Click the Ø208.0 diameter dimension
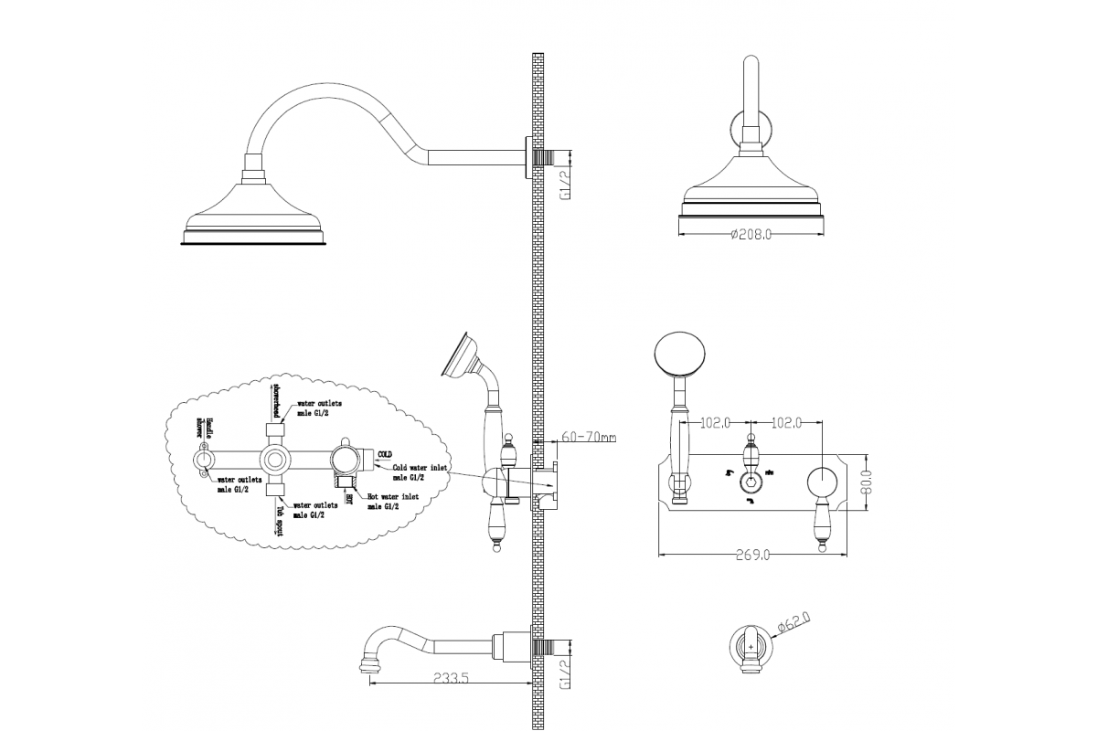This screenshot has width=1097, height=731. [751, 235]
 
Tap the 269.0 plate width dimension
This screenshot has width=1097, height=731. [751, 555]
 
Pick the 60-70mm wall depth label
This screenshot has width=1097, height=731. [587, 438]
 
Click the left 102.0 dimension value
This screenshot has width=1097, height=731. [715, 423]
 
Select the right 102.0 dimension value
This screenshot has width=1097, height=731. [786, 423]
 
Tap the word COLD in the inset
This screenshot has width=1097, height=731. [385, 453]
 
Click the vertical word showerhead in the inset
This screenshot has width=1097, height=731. [274, 403]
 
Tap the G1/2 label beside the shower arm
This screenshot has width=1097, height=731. [565, 183]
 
